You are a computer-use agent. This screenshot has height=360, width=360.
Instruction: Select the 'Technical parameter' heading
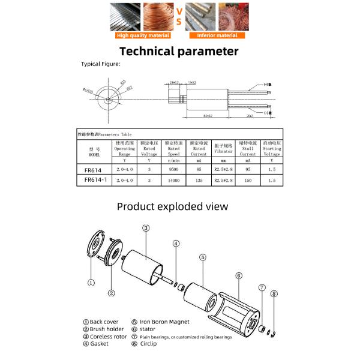tap(179, 51)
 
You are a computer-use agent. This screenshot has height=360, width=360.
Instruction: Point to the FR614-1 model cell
tap(95, 179)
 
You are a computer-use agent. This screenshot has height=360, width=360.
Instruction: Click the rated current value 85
tap(199, 170)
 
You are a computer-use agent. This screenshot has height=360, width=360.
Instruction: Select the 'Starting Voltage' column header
tap(272, 149)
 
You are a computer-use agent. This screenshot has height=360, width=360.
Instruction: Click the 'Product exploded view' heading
tap(172, 206)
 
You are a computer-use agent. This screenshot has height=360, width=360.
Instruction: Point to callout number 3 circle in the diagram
tap(145, 228)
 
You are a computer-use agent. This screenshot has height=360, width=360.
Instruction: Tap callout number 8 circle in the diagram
tap(274, 294)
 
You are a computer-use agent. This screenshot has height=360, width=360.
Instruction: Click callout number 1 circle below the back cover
tap(91, 283)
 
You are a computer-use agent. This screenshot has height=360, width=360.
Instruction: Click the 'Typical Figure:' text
tap(101, 63)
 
